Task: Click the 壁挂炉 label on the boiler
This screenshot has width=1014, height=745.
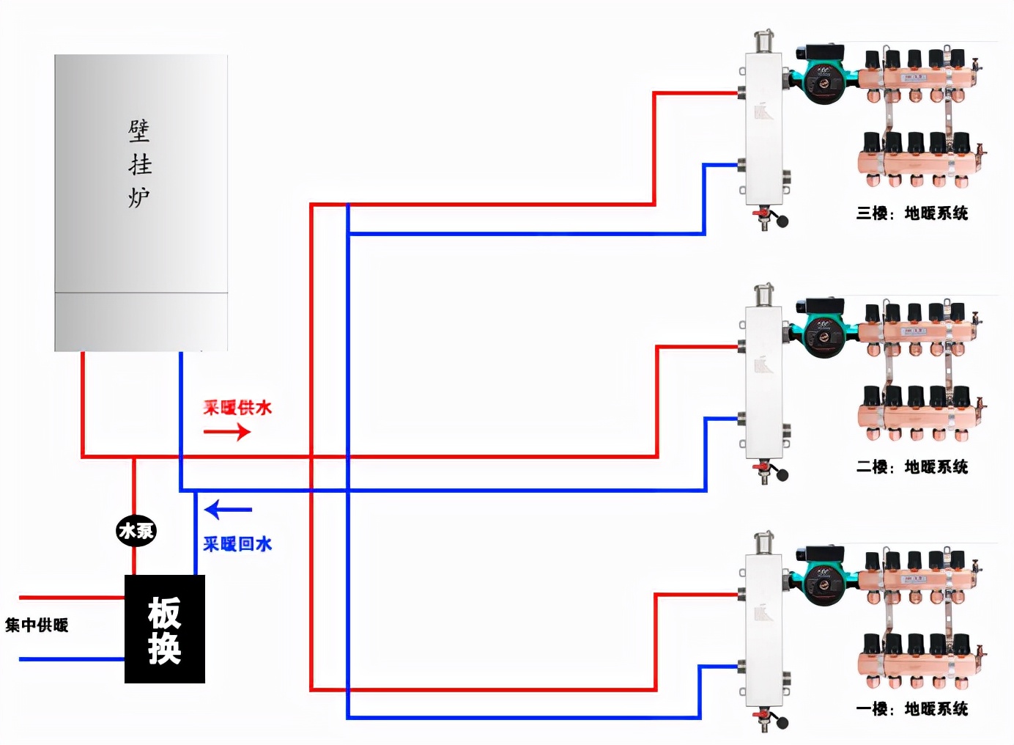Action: point(139,164)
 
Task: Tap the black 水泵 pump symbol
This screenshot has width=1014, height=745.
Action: point(136,530)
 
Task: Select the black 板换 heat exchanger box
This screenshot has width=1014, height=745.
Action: point(165,629)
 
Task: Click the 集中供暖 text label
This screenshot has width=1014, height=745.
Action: point(37,625)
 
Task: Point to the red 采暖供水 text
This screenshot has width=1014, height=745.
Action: point(237,408)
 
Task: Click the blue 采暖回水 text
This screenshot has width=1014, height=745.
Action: point(237,544)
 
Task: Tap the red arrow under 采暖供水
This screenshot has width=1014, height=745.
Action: point(227,431)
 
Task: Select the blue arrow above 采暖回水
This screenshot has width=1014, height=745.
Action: point(228,509)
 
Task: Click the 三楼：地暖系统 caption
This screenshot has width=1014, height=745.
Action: point(912,213)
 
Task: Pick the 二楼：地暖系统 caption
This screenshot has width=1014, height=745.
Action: point(912,467)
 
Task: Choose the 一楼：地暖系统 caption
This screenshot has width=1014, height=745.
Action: point(912,709)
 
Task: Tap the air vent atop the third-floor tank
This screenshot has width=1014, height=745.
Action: point(764,40)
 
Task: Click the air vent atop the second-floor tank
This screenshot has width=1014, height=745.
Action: point(764,293)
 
